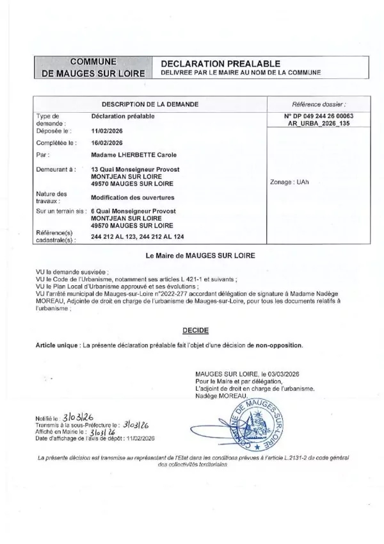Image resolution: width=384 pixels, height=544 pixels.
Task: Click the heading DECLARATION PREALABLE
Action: [x=220, y=63]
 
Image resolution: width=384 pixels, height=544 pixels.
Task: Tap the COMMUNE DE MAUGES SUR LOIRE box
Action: [x=93, y=67]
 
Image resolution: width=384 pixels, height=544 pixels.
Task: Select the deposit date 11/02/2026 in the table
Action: [x=107, y=129]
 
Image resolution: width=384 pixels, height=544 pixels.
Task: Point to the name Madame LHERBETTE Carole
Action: [x=134, y=155]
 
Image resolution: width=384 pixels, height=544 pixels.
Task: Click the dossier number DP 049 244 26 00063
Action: [x=318, y=116]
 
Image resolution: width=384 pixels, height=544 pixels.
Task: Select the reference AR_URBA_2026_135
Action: [x=318, y=123]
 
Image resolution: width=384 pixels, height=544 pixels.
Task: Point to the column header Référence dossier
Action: [x=318, y=103]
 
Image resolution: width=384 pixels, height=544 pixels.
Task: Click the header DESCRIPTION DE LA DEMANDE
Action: [x=150, y=103]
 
